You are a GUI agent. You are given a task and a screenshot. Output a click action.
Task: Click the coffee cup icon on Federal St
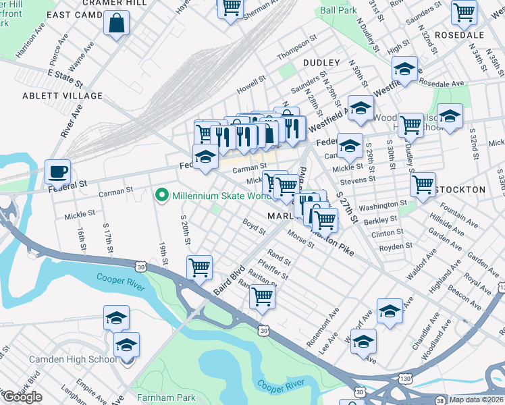pyautogui.click(x=58, y=171)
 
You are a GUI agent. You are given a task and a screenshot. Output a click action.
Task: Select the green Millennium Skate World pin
pyautogui.click(x=161, y=196)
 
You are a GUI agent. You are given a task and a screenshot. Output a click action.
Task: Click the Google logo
pyautogui.click(x=22, y=397)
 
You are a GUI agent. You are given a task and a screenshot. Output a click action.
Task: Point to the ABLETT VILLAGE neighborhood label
pyautogui.click(x=62, y=96)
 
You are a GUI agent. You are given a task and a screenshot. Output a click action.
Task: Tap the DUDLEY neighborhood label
pyautogui.click(x=321, y=62)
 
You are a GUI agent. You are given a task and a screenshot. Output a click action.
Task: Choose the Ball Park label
pyautogui.click(x=339, y=11)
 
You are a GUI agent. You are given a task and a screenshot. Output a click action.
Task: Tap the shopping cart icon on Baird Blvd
pyautogui.click(x=200, y=267)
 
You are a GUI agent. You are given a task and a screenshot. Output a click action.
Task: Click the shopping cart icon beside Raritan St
pyautogui.click(x=262, y=295)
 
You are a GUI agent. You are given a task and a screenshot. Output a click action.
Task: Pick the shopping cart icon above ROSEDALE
pyautogui.click(x=464, y=11)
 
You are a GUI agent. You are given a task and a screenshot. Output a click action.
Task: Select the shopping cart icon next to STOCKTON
pyautogui.click(x=423, y=184)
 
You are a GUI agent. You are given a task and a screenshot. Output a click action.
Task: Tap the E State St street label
pyautogui.click(x=65, y=78)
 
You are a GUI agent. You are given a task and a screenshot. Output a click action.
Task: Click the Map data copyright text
pyautogui.click(x=477, y=400)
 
